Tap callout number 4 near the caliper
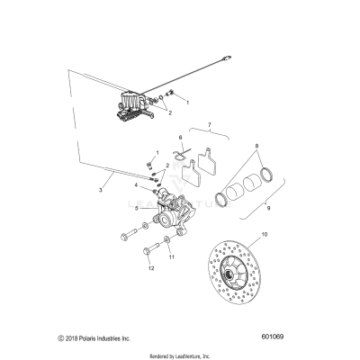pos(136,185)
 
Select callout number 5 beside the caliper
pos(136,208)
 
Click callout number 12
pos(150,267)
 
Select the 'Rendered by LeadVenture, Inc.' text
pos(180,354)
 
